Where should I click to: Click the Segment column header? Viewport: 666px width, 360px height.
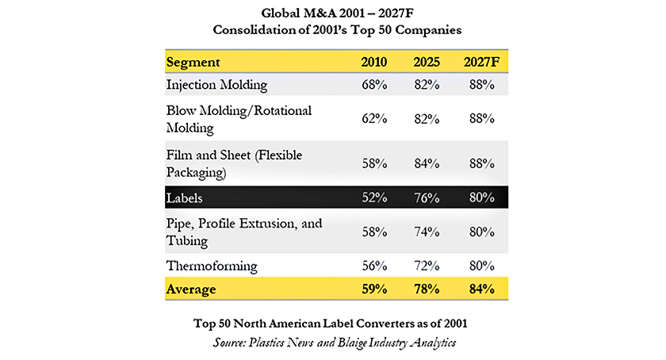[193, 63]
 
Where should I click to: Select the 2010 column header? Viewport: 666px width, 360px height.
[373, 62]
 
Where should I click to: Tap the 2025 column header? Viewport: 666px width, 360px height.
[427, 62]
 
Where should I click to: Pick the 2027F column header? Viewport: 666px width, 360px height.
[482, 62]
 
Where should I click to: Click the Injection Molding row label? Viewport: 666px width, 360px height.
[216, 85]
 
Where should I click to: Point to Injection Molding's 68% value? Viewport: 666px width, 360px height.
[374, 85]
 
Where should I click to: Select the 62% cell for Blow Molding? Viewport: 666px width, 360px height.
[374, 118]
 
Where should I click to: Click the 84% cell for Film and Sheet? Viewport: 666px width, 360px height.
[427, 163]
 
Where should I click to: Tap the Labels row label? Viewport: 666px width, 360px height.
[184, 198]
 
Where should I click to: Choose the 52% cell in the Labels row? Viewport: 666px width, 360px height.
[374, 197]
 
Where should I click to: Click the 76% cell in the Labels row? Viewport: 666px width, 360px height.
[427, 197]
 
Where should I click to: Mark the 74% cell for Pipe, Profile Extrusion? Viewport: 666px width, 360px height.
[427, 232]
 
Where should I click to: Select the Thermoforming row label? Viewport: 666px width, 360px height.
[212, 266]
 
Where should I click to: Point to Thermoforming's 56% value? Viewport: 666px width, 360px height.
[374, 266]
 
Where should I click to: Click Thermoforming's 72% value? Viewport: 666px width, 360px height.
[427, 266]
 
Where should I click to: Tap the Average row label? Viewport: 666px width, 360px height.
[191, 289]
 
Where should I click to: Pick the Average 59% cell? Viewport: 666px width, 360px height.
[374, 289]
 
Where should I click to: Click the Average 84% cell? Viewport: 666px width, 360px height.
[482, 289]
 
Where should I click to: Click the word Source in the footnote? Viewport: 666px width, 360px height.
[229, 343]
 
